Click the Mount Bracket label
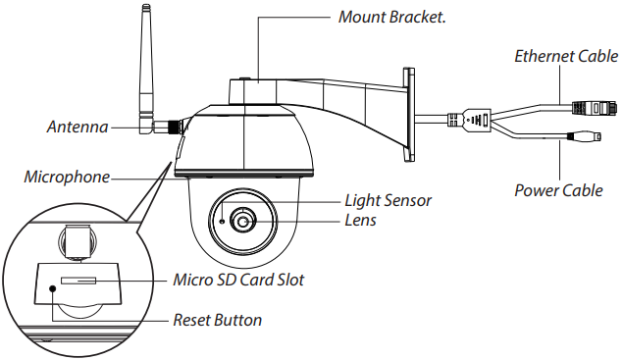point(391,17)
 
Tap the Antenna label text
point(78,128)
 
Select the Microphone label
point(67,177)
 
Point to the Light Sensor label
point(388,200)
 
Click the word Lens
point(360,220)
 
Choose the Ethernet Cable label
point(566,56)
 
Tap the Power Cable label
point(558,190)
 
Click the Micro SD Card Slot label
point(238,280)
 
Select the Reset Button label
point(218,320)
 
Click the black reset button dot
point(52,288)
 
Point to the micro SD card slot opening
point(78,281)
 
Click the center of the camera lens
point(242,221)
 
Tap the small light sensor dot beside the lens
point(223,221)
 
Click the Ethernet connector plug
point(595,108)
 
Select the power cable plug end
point(584,136)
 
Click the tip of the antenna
point(146,6)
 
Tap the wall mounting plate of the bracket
point(409,115)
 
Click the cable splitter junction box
point(476,120)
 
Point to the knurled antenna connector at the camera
point(174,127)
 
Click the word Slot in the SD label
point(290,280)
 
